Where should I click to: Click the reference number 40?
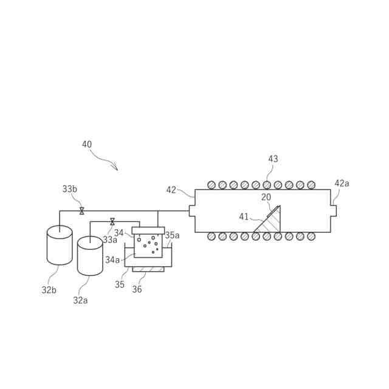pos(87,145)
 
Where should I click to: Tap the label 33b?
pos(70,189)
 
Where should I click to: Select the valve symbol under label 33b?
pos(81,211)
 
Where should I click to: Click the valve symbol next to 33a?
pos(112,222)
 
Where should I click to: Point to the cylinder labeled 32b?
pos(60,246)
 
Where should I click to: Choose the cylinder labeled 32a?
pos(90,256)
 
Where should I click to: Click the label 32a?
pos(80,300)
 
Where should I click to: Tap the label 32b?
pos(49,290)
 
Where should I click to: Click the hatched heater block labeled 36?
pos(148,269)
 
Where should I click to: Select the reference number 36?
pos(137,289)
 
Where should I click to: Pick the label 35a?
pos(172,235)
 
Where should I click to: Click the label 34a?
pos(112,260)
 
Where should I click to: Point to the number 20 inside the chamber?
pos(266,197)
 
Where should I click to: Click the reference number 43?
pos(273,159)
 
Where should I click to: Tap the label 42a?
pos(342,184)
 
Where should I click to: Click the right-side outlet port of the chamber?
pos(333,211)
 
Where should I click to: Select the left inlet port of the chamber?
pos(192,211)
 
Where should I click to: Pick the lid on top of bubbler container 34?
pos(148,230)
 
